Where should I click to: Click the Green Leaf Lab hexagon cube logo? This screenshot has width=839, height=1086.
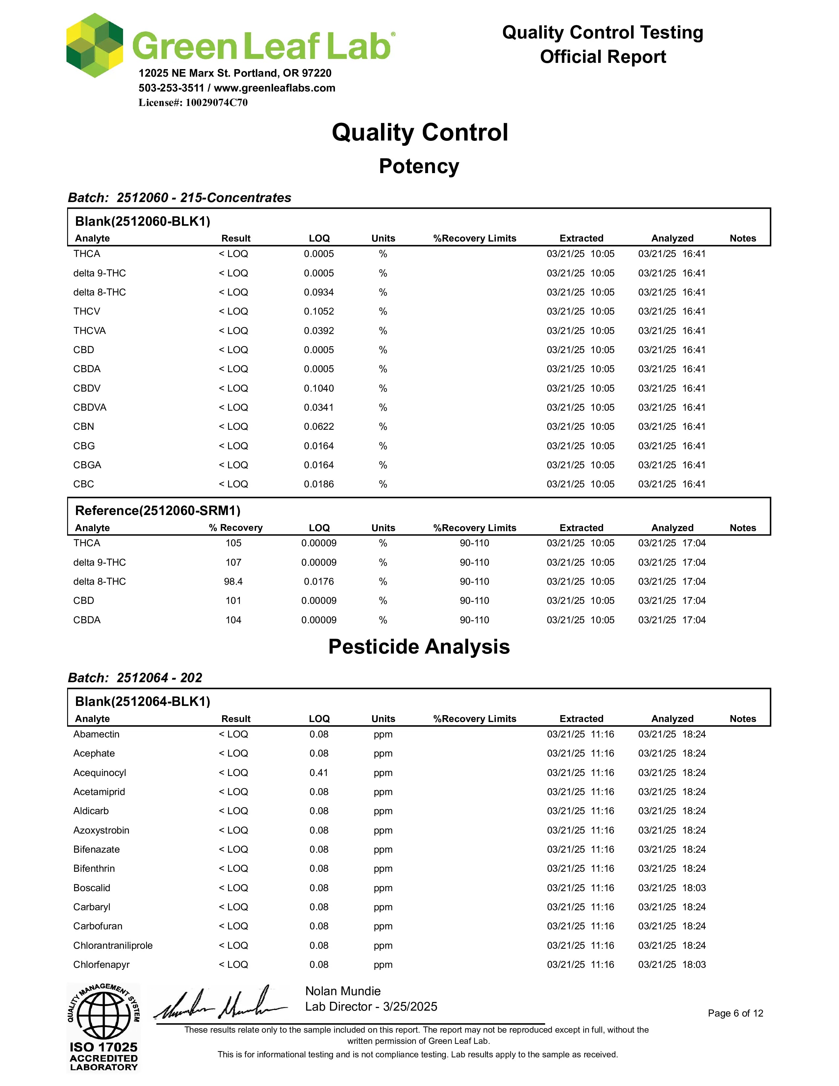pyautogui.click(x=94, y=46)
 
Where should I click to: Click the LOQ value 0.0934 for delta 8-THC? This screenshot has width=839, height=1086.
pyautogui.click(x=318, y=292)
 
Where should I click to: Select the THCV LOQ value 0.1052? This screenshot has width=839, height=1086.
pyautogui.click(x=318, y=311)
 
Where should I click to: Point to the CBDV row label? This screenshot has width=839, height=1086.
pyautogui.click(x=87, y=388)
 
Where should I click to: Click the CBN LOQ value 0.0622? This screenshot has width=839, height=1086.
pyautogui.click(x=318, y=427)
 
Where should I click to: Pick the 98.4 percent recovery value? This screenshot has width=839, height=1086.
pyautogui.click(x=233, y=581)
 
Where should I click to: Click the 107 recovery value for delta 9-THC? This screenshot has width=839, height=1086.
pyautogui.click(x=233, y=562)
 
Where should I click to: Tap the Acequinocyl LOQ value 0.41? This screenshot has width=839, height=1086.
pyautogui.click(x=318, y=773)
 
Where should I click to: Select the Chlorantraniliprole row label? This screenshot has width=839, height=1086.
pyautogui.click(x=113, y=945)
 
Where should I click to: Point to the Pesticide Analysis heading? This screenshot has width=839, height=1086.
pyautogui.click(x=419, y=647)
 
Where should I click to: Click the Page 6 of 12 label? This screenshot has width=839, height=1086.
pyautogui.click(x=735, y=1013)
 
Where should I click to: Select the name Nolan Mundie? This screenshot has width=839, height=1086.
pyautogui.click(x=343, y=991)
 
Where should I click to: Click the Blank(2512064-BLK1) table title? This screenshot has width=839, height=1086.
pyautogui.click(x=143, y=702)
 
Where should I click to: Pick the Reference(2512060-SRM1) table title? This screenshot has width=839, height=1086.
pyautogui.click(x=158, y=511)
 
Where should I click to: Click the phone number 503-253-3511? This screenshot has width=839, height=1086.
pyautogui.click(x=171, y=88)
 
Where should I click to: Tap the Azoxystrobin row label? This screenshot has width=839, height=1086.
pyautogui.click(x=101, y=830)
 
